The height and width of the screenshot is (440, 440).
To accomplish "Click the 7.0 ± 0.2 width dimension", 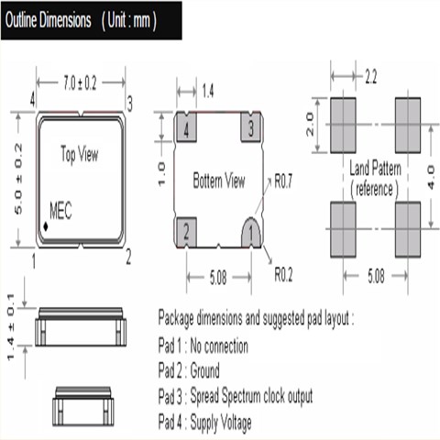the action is point(80,83).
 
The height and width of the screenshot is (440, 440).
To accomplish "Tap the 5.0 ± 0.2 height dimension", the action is point(18,179).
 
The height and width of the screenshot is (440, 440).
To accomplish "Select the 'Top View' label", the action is point(80,154).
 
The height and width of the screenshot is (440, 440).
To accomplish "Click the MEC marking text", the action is point(60,211).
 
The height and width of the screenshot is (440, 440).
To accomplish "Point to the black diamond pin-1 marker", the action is point(46,226).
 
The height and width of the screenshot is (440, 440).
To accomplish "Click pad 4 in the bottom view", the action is point(186,127).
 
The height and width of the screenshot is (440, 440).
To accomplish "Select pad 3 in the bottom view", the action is point(251,127).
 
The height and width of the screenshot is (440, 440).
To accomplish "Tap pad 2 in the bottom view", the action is point(186,232).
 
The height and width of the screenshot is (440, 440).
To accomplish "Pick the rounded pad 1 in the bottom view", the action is point(251,233).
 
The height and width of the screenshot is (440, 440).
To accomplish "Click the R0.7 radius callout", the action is point(283,181).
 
